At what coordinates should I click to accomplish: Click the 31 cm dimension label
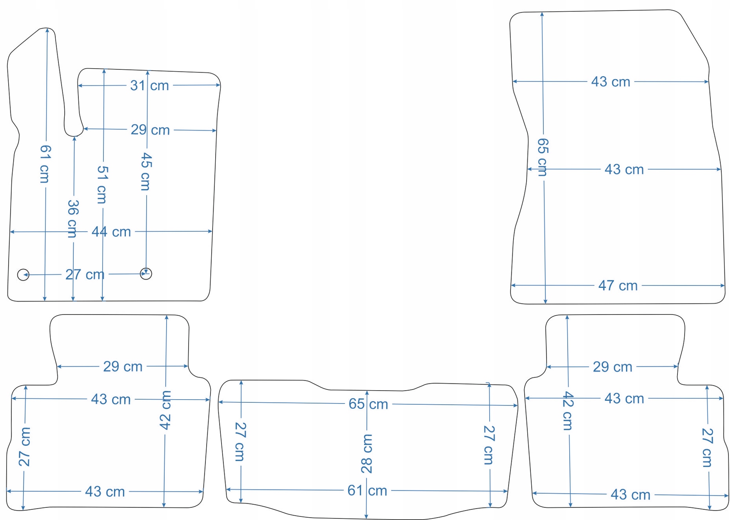pyautogui.click(x=149, y=85)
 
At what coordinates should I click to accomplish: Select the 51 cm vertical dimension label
pyautogui.click(x=102, y=184)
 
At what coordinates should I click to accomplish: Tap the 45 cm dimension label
pyautogui.click(x=146, y=172)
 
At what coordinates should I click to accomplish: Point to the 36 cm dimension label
pyautogui.click(x=73, y=218)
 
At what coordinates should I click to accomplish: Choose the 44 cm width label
pyautogui.click(x=111, y=232)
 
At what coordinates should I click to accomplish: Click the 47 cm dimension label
pyautogui.click(x=618, y=285)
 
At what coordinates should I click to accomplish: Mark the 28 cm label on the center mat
pyautogui.click(x=367, y=454)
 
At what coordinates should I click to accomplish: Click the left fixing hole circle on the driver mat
pyautogui.click(x=23, y=275)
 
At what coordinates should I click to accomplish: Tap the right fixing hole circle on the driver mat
pyautogui.click(x=146, y=273)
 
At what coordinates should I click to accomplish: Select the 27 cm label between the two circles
pyautogui.click(x=85, y=275)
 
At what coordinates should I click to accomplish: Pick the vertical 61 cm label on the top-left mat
pyautogui.click(x=45, y=164)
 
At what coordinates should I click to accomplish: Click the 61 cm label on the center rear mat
pyautogui.click(x=367, y=491)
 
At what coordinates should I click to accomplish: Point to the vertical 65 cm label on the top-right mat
pyautogui.click(x=543, y=157)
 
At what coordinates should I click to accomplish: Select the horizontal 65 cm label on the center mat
pyautogui.click(x=368, y=404)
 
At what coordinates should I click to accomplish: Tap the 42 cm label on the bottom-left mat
pyautogui.click(x=165, y=410)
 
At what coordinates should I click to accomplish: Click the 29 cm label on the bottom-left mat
pyautogui.click(x=123, y=367)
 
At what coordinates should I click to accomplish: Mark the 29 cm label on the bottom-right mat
pyautogui.click(x=612, y=367)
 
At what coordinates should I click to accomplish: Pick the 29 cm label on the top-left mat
pyautogui.click(x=150, y=130)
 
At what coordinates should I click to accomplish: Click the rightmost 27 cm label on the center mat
pyautogui.click(x=489, y=445)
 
